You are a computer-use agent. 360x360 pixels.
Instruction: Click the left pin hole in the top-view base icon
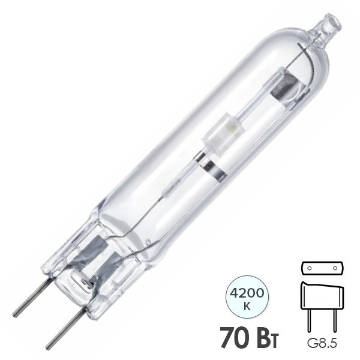point(309,268)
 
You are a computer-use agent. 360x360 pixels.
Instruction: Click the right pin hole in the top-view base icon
point(335,268)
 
